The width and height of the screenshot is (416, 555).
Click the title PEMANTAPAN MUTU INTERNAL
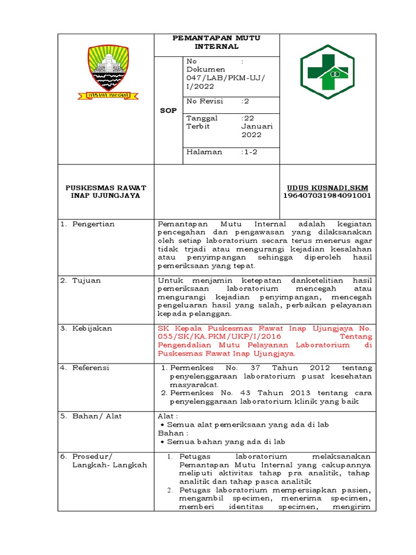click(216, 42)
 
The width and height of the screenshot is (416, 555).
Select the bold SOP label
click(168, 110)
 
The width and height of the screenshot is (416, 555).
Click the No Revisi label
click(204, 101)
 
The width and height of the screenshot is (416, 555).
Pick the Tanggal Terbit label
click(202, 122)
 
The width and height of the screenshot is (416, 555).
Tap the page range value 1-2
click(250, 152)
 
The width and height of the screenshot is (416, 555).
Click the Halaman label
click(204, 152)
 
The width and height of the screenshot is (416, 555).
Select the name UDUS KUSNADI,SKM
click(327, 188)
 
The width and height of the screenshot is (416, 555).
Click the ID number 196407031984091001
click(327, 196)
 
